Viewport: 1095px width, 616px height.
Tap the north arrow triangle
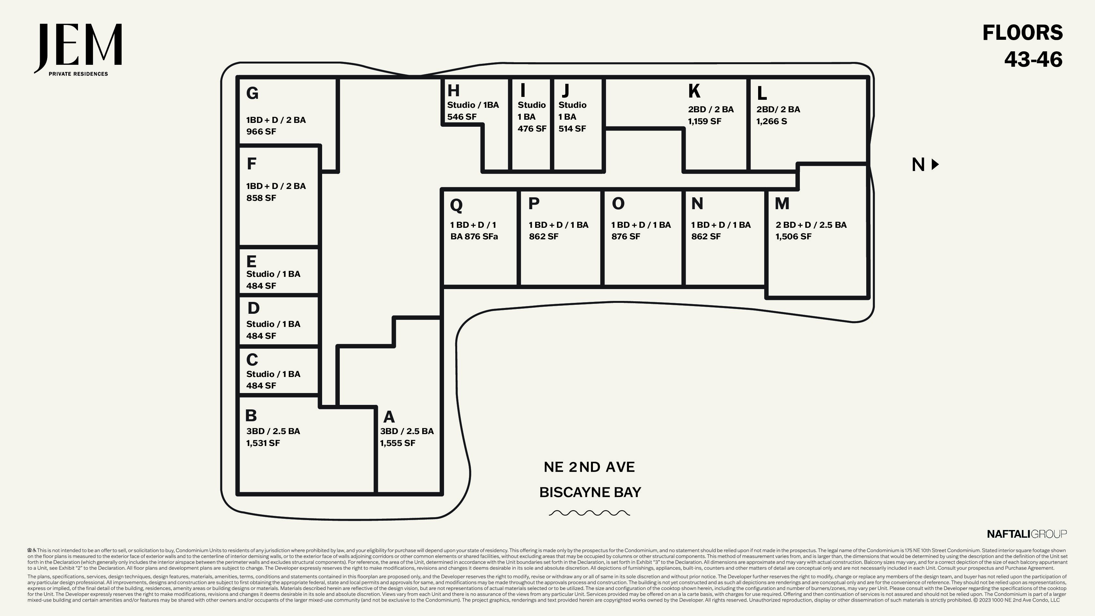[x=935, y=164]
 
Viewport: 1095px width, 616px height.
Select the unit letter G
[x=252, y=93]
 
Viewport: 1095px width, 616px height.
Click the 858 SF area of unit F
[x=261, y=198]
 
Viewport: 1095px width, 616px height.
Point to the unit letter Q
[x=456, y=205]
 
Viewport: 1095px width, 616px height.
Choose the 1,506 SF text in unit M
[x=793, y=236]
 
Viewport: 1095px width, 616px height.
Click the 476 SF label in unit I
[x=532, y=128]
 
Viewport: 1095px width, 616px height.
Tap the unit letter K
[x=694, y=91]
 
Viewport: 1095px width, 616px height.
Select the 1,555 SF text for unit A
[x=398, y=443]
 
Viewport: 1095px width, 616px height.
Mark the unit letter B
[x=251, y=415]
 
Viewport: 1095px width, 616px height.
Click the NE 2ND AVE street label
[x=589, y=467]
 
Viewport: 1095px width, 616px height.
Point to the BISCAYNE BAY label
[x=590, y=492]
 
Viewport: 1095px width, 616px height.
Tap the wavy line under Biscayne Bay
[x=589, y=513]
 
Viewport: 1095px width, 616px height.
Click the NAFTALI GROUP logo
[x=1027, y=534]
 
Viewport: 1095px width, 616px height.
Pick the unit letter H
[x=453, y=90]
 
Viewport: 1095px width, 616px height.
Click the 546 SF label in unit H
[x=462, y=116]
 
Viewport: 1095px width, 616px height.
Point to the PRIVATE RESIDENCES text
[x=78, y=74]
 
